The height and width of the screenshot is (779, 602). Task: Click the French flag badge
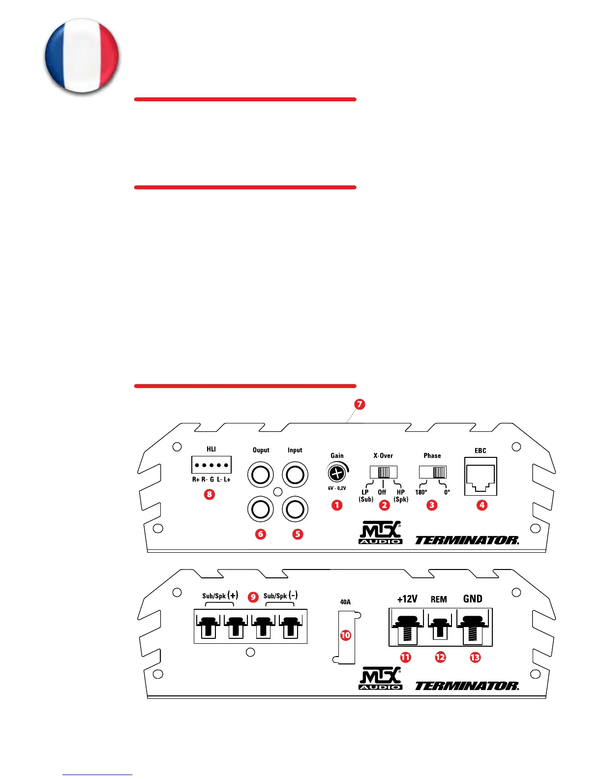(x=82, y=56)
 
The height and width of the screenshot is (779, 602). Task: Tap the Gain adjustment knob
(x=336, y=473)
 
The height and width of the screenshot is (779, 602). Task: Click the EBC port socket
(x=481, y=477)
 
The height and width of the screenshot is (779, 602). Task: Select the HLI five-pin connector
(x=211, y=465)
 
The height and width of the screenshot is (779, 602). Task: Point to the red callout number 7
(x=360, y=404)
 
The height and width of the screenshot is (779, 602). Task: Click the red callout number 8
(x=210, y=494)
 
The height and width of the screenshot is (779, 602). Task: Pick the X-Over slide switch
(x=383, y=473)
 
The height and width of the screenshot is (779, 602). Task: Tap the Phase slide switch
(x=433, y=472)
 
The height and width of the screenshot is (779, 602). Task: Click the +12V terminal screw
(x=407, y=627)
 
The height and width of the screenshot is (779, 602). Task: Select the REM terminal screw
(x=440, y=627)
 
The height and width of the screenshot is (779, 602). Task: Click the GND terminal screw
(x=473, y=627)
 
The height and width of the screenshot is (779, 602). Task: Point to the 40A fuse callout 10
(x=346, y=635)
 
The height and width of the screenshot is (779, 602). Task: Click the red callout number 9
(x=253, y=597)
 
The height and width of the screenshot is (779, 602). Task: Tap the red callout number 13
(x=475, y=657)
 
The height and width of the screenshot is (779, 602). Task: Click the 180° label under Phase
(x=421, y=492)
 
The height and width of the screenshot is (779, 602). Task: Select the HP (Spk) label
(x=401, y=496)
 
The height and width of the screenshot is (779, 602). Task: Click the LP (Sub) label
(x=365, y=496)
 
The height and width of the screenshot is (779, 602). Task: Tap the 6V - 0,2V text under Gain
(x=337, y=488)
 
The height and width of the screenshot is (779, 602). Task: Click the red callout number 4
(x=482, y=505)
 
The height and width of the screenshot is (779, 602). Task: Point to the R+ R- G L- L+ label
(x=211, y=479)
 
